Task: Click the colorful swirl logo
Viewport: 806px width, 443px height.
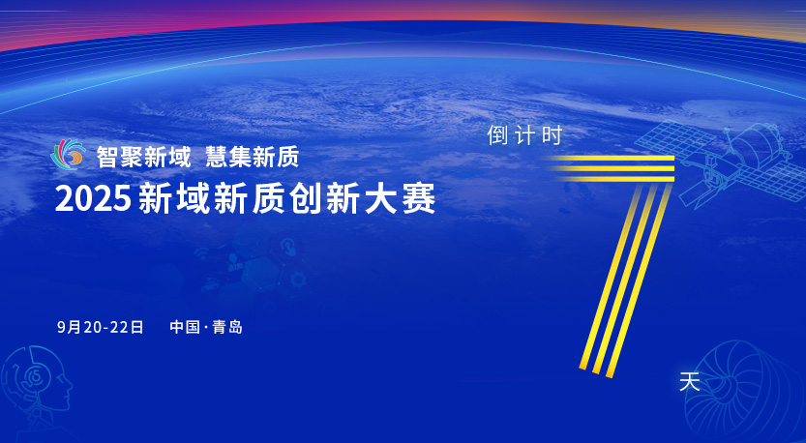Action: coord(69,154)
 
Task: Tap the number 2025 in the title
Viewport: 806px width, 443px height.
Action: coord(93,198)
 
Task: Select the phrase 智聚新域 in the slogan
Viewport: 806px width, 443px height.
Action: coord(143,157)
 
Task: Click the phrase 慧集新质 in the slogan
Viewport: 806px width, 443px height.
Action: coord(253,157)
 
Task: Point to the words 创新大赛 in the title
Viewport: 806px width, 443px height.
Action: coord(363,198)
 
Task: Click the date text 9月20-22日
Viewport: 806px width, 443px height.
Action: coord(101,327)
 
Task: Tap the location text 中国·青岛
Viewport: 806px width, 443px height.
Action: coord(206,327)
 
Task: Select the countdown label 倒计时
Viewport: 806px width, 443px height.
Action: coord(524,135)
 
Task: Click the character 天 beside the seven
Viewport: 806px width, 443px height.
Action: coord(689,382)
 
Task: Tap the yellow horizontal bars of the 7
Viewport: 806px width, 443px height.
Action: coord(612,168)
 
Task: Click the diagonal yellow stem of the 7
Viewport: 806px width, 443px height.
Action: coord(626,281)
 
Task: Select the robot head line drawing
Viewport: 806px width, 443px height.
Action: coord(35,380)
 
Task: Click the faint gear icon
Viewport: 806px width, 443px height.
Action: coord(298,281)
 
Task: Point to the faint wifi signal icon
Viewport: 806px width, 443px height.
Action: coord(202,252)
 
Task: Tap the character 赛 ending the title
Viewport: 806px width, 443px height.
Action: coord(419,198)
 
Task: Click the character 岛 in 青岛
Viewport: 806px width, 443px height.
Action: coord(235,327)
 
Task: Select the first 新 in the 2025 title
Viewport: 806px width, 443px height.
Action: coord(155,198)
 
